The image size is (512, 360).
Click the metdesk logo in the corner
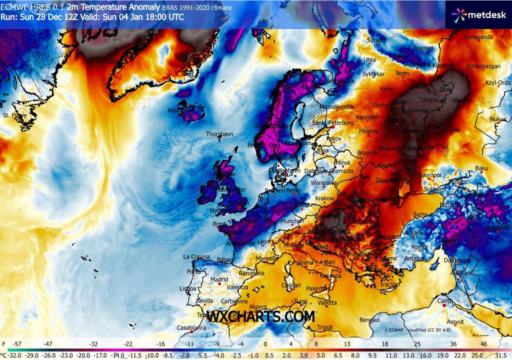[478, 15]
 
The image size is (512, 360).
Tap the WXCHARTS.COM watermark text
[261, 317]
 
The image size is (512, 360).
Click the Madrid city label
[220, 280]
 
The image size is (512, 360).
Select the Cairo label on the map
[444, 301]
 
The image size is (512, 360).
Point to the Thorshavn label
[220, 134]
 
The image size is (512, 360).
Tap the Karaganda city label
[479, 37]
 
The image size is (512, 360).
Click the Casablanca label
[192, 328]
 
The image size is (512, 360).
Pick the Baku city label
[481, 169]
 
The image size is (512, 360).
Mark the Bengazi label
[369, 320]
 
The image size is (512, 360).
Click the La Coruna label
[196, 257]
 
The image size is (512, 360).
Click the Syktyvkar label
[374, 74]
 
